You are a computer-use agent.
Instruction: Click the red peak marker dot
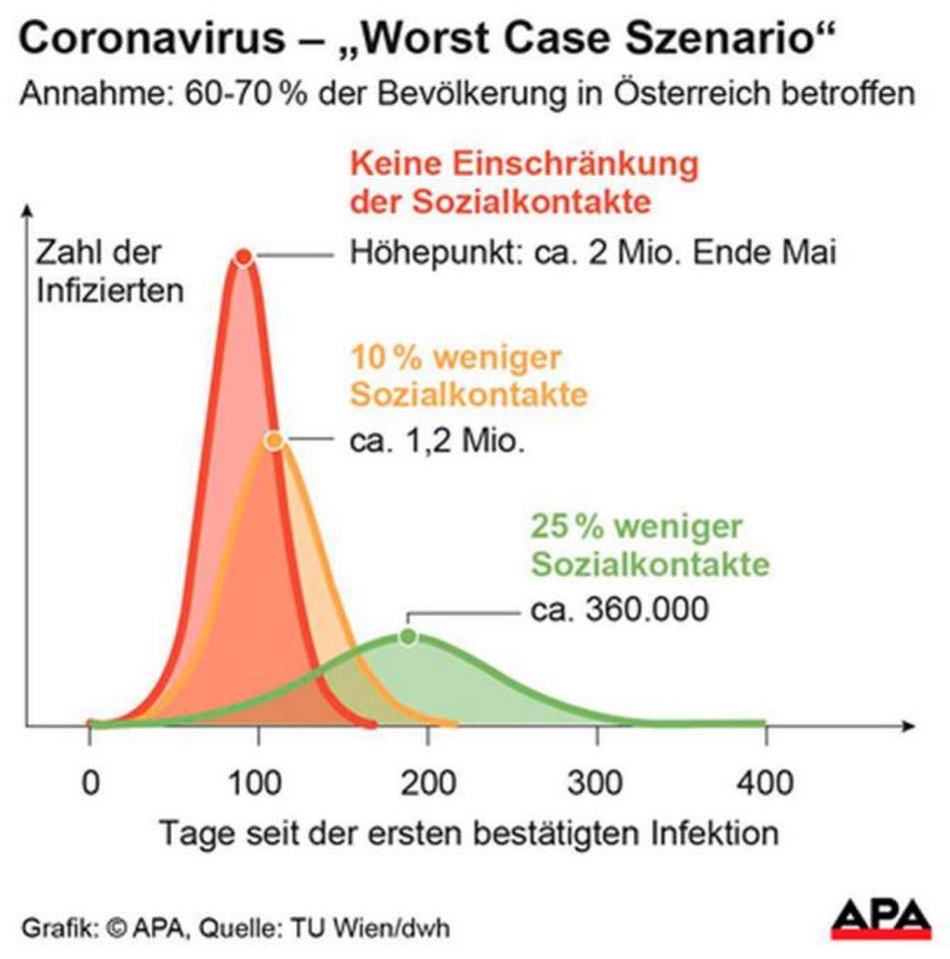pyautogui.click(x=243, y=258)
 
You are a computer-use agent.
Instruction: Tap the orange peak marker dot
pyautogui.click(x=274, y=440)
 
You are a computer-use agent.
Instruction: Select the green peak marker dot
pyautogui.click(x=408, y=636)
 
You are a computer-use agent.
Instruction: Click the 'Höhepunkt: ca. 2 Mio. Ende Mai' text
pyautogui.click(x=591, y=252)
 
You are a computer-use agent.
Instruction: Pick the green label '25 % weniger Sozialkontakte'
pyautogui.click(x=650, y=545)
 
